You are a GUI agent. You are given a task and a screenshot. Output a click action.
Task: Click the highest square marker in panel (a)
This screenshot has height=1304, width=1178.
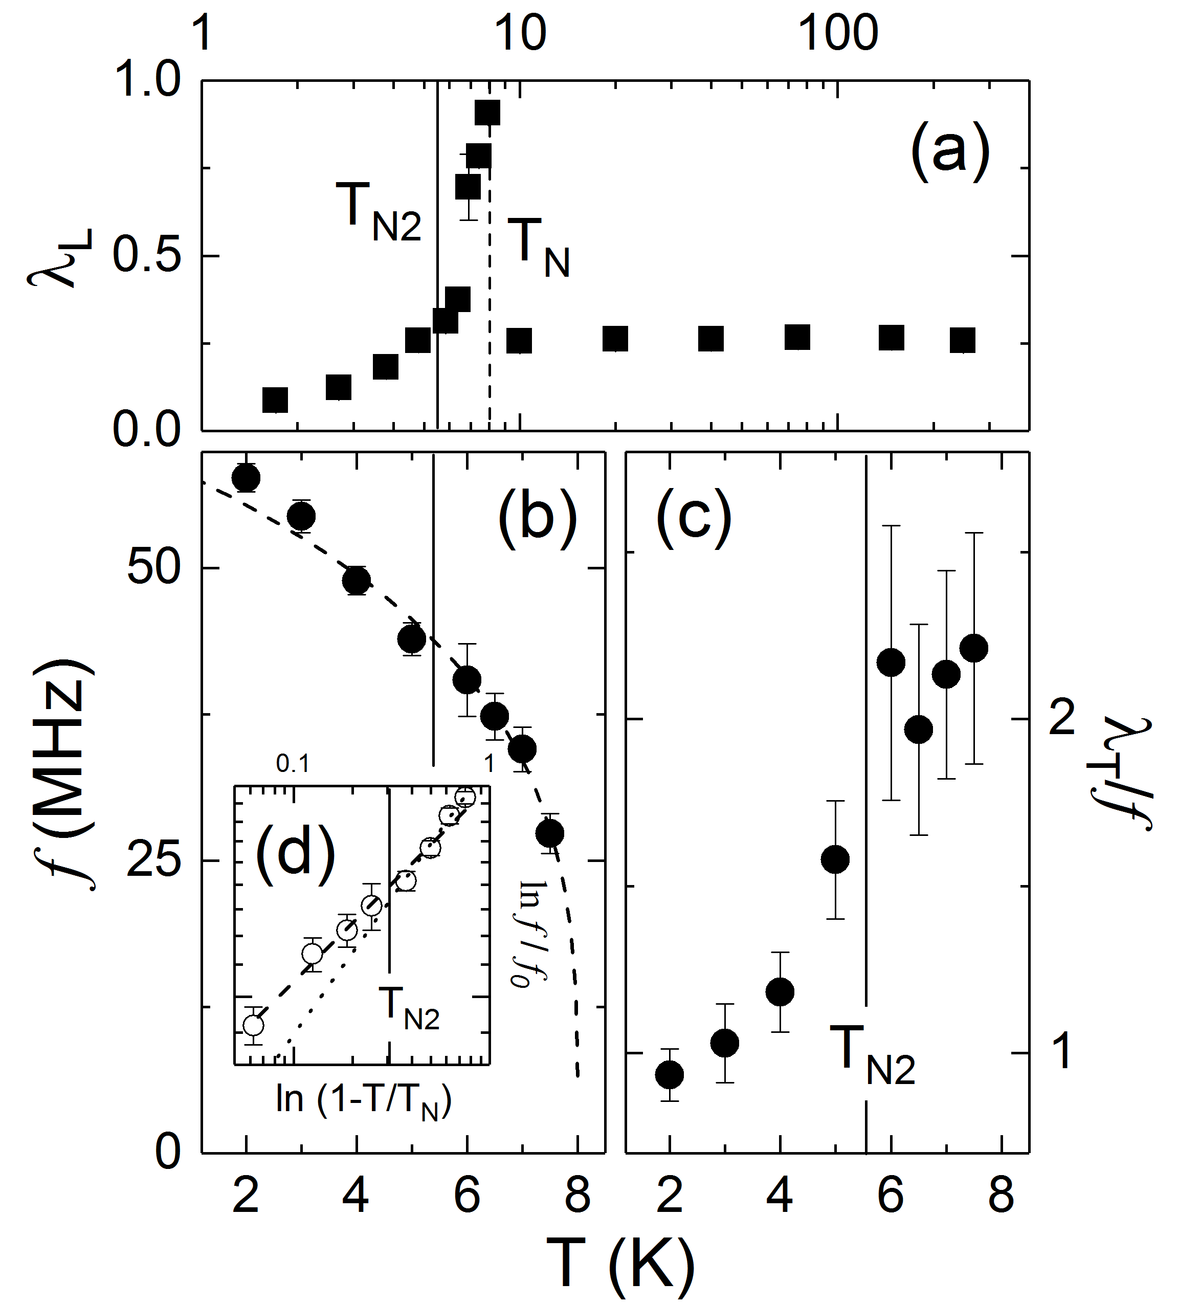(487, 113)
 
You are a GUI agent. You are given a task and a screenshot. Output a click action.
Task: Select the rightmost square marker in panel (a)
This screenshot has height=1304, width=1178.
(963, 340)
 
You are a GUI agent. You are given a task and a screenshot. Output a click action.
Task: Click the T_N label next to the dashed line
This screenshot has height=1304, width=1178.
(538, 249)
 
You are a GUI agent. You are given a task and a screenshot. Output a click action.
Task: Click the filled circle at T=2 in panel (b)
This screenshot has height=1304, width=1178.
(246, 478)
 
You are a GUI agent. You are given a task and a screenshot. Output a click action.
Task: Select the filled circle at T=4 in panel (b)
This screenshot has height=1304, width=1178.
(357, 580)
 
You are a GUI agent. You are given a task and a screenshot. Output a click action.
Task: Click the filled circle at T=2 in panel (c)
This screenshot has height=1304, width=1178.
(670, 1074)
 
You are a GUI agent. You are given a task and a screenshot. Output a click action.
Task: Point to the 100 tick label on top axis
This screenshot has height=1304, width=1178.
(838, 34)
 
